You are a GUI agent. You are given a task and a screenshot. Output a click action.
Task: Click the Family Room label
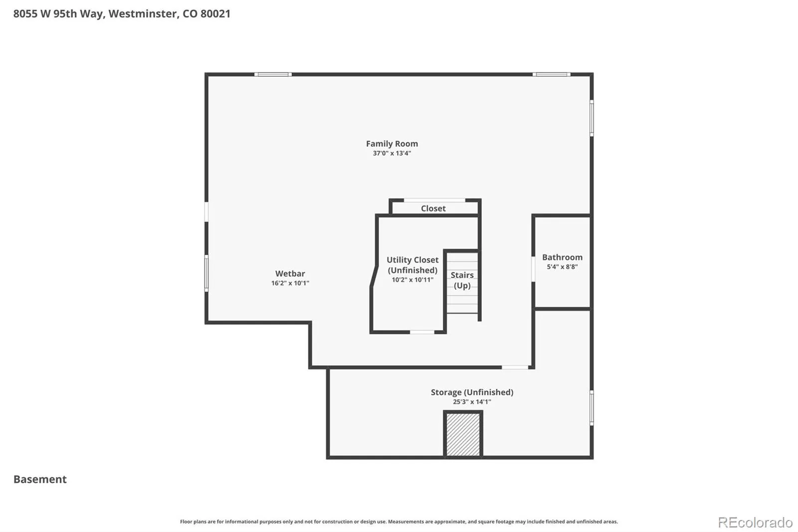point(392,144)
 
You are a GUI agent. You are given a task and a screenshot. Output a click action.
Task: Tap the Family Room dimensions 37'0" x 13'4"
point(392,153)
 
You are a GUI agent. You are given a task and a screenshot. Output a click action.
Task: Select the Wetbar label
point(290,273)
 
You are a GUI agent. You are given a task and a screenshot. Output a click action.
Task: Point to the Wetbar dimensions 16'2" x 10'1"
point(290,283)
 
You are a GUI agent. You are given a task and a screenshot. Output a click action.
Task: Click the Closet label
point(433,208)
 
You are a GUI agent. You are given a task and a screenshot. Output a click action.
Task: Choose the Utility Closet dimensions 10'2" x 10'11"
point(412,280)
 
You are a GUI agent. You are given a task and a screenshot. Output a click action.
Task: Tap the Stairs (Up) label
point(462,280)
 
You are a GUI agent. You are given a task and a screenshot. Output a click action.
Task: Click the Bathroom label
point(562,257)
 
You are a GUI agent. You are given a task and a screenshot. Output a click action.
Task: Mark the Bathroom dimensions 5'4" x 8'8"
point(562,266)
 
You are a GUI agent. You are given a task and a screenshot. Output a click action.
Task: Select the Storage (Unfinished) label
point(472,392)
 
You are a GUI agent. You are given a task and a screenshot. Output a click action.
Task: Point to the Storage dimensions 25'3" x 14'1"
point(472,402)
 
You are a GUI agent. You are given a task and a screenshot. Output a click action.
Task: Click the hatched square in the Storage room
point(463,434)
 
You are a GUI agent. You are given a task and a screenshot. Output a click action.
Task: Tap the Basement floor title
point(40,479)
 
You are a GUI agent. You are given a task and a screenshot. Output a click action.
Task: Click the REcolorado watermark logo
point(755,523)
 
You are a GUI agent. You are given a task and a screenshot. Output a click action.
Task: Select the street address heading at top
point(122,13)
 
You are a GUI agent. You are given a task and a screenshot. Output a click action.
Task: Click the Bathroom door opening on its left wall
point(533,269)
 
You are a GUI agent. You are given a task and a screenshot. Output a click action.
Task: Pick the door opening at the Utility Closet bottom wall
point(422,332)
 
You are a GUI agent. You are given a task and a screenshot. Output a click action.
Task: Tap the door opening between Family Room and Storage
point(515,367)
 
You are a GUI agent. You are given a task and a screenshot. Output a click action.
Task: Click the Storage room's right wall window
point(592,408)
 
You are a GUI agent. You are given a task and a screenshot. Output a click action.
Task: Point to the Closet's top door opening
point(434,201)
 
